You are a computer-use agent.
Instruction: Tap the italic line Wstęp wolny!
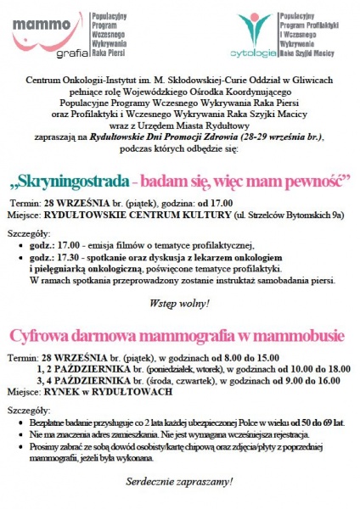pyautogui.click(x=179, y=303)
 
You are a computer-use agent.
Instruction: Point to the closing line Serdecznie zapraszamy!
pyautogui.click(x=179, y=481)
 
